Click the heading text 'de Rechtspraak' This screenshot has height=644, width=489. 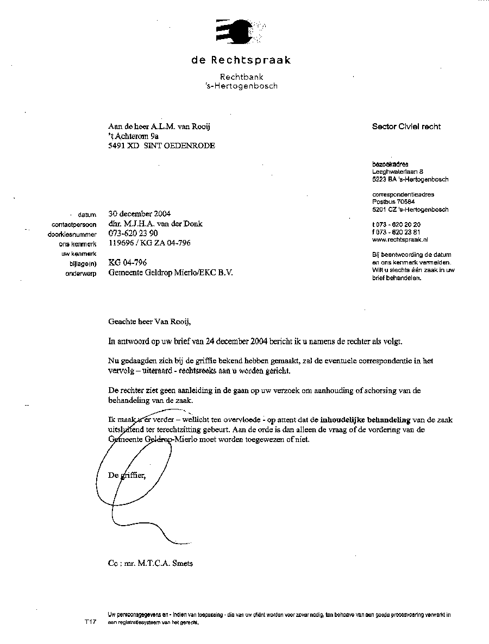[241, 60]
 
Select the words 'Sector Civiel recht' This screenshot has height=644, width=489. [406, 127]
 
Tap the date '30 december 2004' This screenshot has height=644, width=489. [139, 214]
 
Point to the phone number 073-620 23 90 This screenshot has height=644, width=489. [133, 233]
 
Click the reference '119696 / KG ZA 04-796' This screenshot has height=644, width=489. [149, 243]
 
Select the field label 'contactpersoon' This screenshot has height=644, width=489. [74, 224]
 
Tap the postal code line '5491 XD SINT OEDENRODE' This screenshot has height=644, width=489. [161, 146]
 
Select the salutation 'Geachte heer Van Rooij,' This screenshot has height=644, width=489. [150, 321]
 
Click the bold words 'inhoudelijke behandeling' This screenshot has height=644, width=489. [365, 420]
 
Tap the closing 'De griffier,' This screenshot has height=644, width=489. [127, 475]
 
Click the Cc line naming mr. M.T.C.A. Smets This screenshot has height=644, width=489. [150, 563]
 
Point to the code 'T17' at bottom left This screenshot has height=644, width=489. [90, 621]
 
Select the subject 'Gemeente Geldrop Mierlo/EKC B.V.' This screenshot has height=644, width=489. [170, 273]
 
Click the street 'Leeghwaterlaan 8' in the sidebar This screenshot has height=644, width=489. [398, 172]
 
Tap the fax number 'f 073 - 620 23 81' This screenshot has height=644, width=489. [396, 232]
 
